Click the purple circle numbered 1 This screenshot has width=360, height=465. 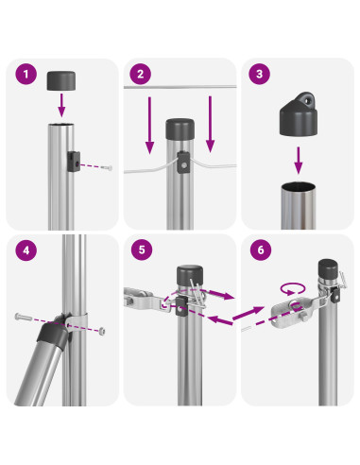(26, 74)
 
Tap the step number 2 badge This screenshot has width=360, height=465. (141, 74)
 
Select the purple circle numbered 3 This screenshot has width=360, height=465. (259, 74)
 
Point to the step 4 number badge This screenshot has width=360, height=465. (26, 250)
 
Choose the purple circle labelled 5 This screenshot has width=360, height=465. (142, 250)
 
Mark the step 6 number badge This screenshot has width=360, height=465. (261, 250)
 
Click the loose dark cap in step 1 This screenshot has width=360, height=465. (61, 80)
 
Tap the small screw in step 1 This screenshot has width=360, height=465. (107, 168)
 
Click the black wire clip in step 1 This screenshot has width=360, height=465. (73, 162)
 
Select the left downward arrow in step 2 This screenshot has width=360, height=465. (149, 125)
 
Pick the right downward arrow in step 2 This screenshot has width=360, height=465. (210, 124)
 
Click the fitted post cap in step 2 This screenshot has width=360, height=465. (180, 129)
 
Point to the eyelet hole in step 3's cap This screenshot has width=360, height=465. (308, 101)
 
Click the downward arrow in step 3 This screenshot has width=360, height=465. (299, 160)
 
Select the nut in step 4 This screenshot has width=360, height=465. (101, 331)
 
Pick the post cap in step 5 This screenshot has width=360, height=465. (190, 275)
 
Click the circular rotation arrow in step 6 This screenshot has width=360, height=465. (293, 288)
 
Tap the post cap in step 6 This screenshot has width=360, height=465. (328, 268)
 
